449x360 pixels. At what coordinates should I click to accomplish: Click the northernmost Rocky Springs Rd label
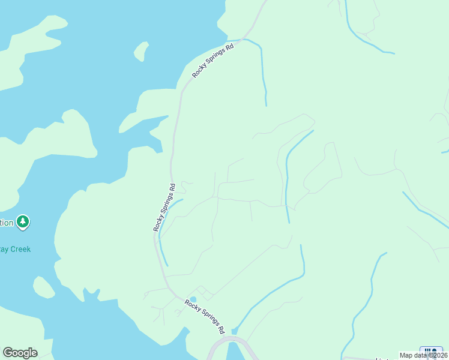coord(212,59)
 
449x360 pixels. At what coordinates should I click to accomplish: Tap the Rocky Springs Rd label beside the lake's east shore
coord(163,208)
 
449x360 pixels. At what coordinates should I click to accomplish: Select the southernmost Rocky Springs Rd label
coord(205,316)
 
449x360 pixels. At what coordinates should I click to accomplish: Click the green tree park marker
coord(23,223)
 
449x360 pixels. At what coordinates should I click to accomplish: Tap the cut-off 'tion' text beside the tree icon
coord(6,223)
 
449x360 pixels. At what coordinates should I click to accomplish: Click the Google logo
coord(20,353)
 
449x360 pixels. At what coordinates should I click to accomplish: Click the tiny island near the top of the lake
coord(141,51)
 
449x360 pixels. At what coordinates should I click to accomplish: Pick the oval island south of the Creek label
coord(44,287)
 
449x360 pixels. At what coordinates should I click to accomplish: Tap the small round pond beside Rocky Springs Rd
coord(193,299)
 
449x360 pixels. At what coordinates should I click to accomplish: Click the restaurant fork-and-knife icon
coord(431,351)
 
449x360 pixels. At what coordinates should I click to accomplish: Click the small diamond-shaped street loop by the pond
coord(203,292)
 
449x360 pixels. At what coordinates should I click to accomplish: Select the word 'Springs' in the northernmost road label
coord(212,59)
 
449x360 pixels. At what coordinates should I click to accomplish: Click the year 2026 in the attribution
coord(438,355)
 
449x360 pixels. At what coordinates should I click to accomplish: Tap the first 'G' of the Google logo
coord(8,353)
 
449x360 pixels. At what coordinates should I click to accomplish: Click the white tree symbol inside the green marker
coord(23,222)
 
